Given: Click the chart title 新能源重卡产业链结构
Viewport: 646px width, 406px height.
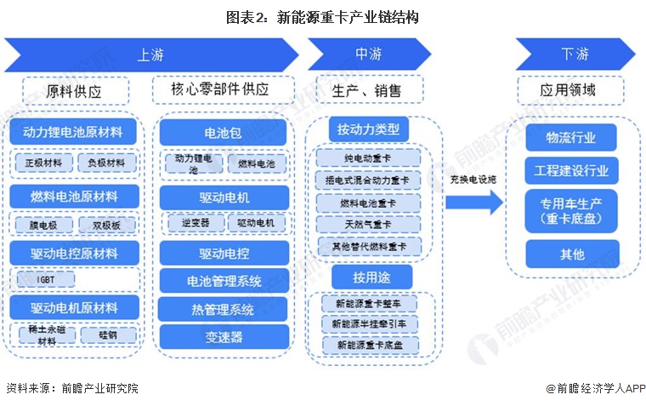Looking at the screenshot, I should [x=322, y=17].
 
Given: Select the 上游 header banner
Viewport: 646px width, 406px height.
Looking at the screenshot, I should [x=150, y=54].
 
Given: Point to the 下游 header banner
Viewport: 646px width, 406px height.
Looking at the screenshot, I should [x=574, y=54].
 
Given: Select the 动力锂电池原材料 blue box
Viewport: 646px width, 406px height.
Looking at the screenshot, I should [x=76, y=133].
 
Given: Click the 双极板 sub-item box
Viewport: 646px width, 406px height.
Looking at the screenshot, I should [x=106, y=225].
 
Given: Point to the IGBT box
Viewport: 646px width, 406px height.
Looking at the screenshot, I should [x=45, y=278].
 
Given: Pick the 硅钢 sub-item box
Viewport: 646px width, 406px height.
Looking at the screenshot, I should [x=106, y=335].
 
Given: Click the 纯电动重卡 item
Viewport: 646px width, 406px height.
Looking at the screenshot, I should [x=367, y=158].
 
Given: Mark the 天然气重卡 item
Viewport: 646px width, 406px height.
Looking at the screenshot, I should [x=367, y=225].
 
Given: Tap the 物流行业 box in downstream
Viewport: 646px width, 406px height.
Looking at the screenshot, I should [x=571, y=137].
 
